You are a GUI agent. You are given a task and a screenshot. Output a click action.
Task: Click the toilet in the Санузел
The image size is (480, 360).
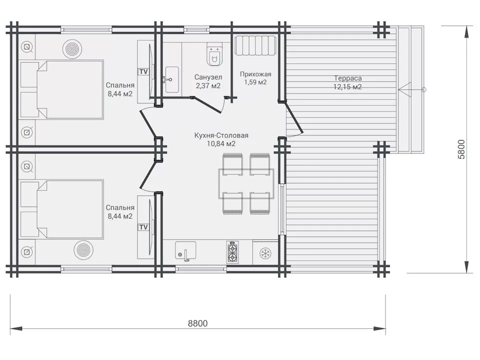(x=214, y=54)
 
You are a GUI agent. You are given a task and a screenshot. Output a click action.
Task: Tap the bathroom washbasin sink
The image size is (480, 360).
(x=172, y=79)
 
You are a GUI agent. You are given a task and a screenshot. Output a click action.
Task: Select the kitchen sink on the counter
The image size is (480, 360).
(x=185, y=251)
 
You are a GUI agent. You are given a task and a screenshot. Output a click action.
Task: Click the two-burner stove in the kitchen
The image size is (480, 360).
(x=232, y=252)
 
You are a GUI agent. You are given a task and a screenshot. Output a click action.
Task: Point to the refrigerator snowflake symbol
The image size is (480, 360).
(x=265, y=253)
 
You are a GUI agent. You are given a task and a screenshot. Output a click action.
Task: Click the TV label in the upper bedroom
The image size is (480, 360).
(x=143, y=71)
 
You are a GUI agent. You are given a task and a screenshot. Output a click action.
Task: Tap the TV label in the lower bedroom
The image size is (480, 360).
(x=143, y=227)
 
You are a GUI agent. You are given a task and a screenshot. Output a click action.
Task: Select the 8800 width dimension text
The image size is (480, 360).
(x=198, y=323)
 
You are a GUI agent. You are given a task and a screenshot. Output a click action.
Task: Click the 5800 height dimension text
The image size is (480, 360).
(x=461, y=149)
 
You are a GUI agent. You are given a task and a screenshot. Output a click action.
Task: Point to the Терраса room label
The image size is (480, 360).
(x=348, y=78)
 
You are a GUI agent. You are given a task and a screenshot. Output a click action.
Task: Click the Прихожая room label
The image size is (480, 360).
(x=255, y=74)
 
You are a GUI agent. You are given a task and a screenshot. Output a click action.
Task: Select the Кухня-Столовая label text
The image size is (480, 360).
(x=221, y=135)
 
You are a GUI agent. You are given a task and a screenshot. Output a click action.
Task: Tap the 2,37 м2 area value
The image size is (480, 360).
(x=208, y=86)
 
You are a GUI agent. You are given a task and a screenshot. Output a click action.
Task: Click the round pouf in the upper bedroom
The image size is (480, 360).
(x=72, y=49)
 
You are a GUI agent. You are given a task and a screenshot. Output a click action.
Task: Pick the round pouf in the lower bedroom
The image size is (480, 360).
(x=83, y=250)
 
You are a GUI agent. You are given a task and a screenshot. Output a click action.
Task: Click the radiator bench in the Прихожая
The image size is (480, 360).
(x=255, y=45)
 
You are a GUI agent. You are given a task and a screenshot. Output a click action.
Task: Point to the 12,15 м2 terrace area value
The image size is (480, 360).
(x=348, y=87)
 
